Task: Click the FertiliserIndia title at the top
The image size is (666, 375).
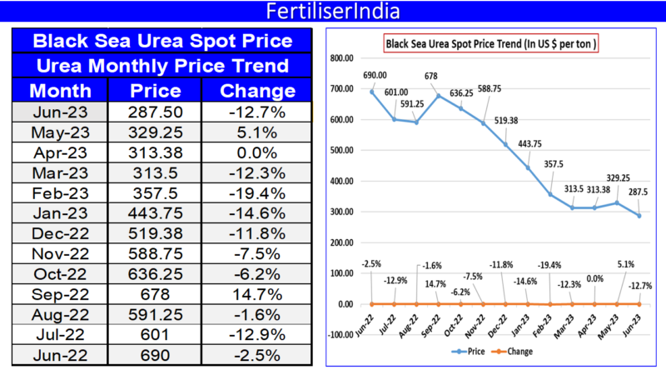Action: click(332, 12)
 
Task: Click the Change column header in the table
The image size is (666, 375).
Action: click(251, 91)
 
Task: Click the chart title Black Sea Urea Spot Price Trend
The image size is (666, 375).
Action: click(491, 43)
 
